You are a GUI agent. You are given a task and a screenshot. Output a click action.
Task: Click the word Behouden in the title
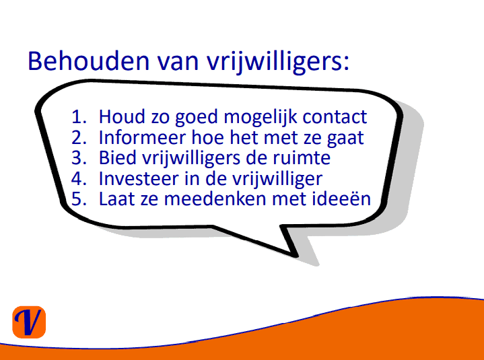(x=89, y=61)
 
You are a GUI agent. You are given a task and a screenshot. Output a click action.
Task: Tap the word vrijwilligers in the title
(x=278, y=63)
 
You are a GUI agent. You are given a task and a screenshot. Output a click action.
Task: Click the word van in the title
(x=178, y=64)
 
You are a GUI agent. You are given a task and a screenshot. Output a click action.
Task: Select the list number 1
(x=79, y=116)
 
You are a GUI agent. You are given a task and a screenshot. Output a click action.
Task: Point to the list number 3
(x=79, y=157)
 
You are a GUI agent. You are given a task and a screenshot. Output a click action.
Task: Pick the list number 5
(x=79, y=199)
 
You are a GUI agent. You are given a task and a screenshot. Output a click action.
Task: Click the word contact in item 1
(x=335, y=117)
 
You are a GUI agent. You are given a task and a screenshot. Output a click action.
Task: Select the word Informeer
(x=142, y=137)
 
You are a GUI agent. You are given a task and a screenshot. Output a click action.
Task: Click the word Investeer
(x=139, y=178)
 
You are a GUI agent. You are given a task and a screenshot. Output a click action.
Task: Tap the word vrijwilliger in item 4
(x=277, y=180)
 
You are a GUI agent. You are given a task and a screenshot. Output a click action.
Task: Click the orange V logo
(x=29, y=322)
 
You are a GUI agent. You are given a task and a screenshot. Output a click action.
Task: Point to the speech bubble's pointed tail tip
(x=297, y=256)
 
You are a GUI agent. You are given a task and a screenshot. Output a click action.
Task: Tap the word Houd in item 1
(x=122, y=116)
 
